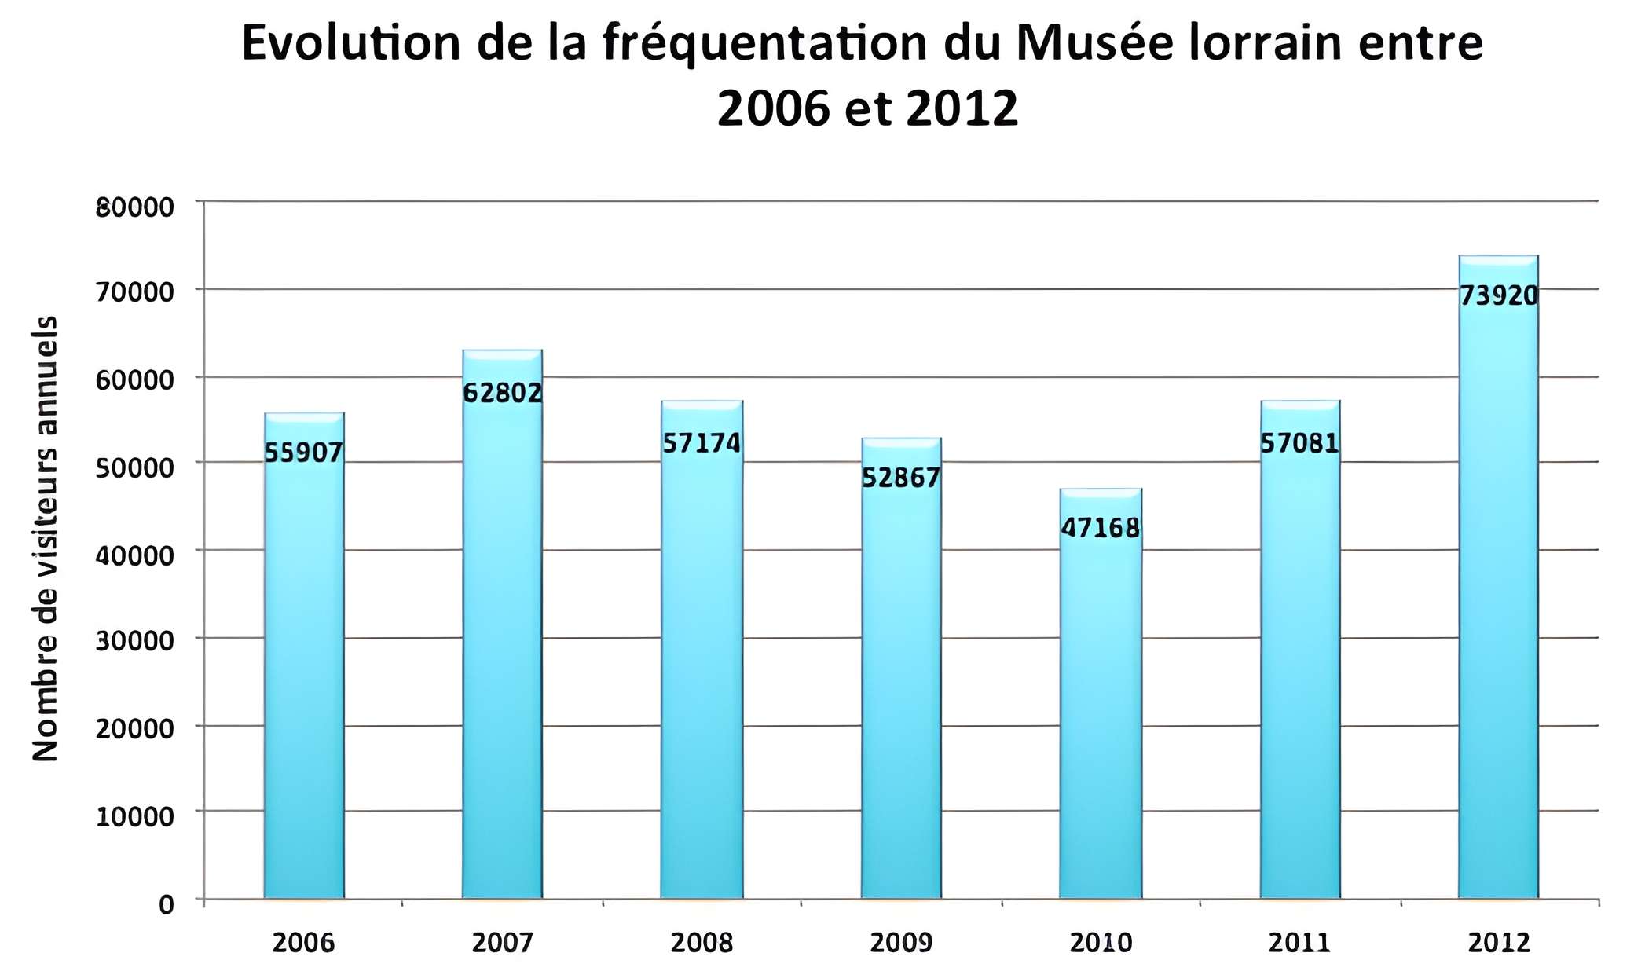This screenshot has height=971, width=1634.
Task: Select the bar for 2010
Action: coord(1100,707)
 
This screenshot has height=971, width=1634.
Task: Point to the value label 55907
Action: coord(303,453)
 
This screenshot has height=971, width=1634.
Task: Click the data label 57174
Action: coord(702,443)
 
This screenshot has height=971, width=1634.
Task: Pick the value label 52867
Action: coord(901,478)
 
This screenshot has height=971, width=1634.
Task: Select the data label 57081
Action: coord(1299,443)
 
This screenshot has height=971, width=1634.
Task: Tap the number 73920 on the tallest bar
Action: coord(1498,295)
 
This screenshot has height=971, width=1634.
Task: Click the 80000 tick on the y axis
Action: coord(134,207)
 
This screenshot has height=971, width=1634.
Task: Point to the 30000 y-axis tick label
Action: coord(134,641)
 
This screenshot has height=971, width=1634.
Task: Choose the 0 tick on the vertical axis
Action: coord(166,905)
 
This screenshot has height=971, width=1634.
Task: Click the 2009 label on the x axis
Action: coord(901,942)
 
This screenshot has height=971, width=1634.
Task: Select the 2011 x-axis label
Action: coord(1299,942)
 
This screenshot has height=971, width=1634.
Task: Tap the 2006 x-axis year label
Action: coord(303,942)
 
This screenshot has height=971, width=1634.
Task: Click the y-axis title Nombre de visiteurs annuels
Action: coord(46,539)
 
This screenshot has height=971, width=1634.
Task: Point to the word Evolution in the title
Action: coord(350,43)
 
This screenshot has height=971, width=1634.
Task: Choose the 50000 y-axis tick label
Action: coord(134,467)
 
